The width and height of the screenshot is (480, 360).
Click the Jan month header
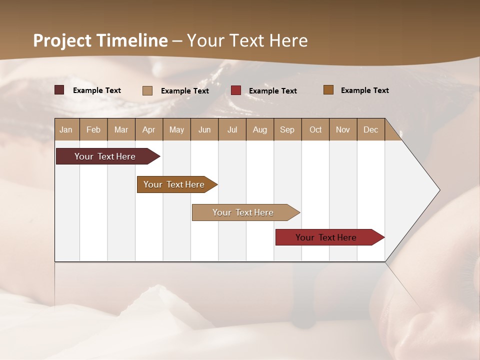[66, 129]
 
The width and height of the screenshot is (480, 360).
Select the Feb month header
[93, 129]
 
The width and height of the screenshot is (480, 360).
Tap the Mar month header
[121, 129]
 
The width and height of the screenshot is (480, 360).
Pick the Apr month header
[149, 129]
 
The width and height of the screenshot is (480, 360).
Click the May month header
[176, 129]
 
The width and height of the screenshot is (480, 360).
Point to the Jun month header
[204, 129]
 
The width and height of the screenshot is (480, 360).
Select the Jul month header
[232, 129]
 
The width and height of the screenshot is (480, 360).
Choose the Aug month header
[260, 129]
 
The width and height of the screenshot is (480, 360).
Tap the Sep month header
[287, 129]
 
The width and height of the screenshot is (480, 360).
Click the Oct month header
[315, 129]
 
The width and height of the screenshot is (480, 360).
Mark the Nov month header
[343, 129]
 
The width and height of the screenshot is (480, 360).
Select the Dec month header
[371, 129]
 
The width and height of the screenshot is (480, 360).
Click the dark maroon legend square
[59, 90]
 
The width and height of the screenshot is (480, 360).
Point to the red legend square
[236, 90]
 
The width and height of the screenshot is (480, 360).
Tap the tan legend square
[147, 90]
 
